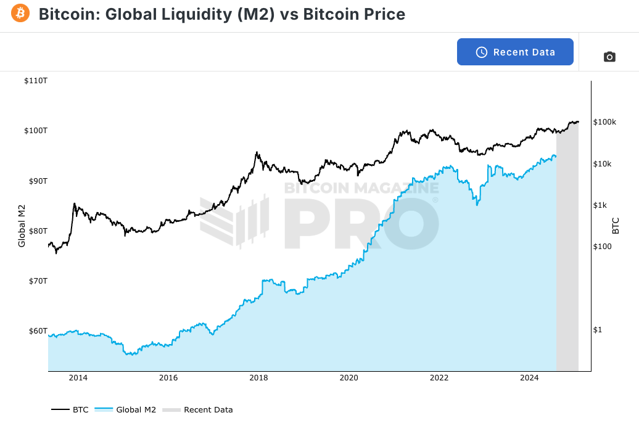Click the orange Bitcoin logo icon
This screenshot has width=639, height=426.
click(x=20, y=13)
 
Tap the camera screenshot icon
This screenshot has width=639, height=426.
click(x=609, y=57)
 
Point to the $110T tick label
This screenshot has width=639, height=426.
click(x=36, y=81)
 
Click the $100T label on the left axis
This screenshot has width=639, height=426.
click(x=36, y=131)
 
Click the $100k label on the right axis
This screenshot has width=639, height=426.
click(x=604, y=122)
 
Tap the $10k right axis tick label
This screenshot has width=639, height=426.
click(x=602, y=164)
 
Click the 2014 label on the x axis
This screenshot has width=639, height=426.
click(x=78, y=378)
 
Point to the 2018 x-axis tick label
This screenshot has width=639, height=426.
click(x=258, y=378)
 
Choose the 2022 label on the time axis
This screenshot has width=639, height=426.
click(x=439, y=378)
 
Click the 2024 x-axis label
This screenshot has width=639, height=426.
click(x=529, y=378)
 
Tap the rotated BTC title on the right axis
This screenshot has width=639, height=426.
click(x=615, y=226)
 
